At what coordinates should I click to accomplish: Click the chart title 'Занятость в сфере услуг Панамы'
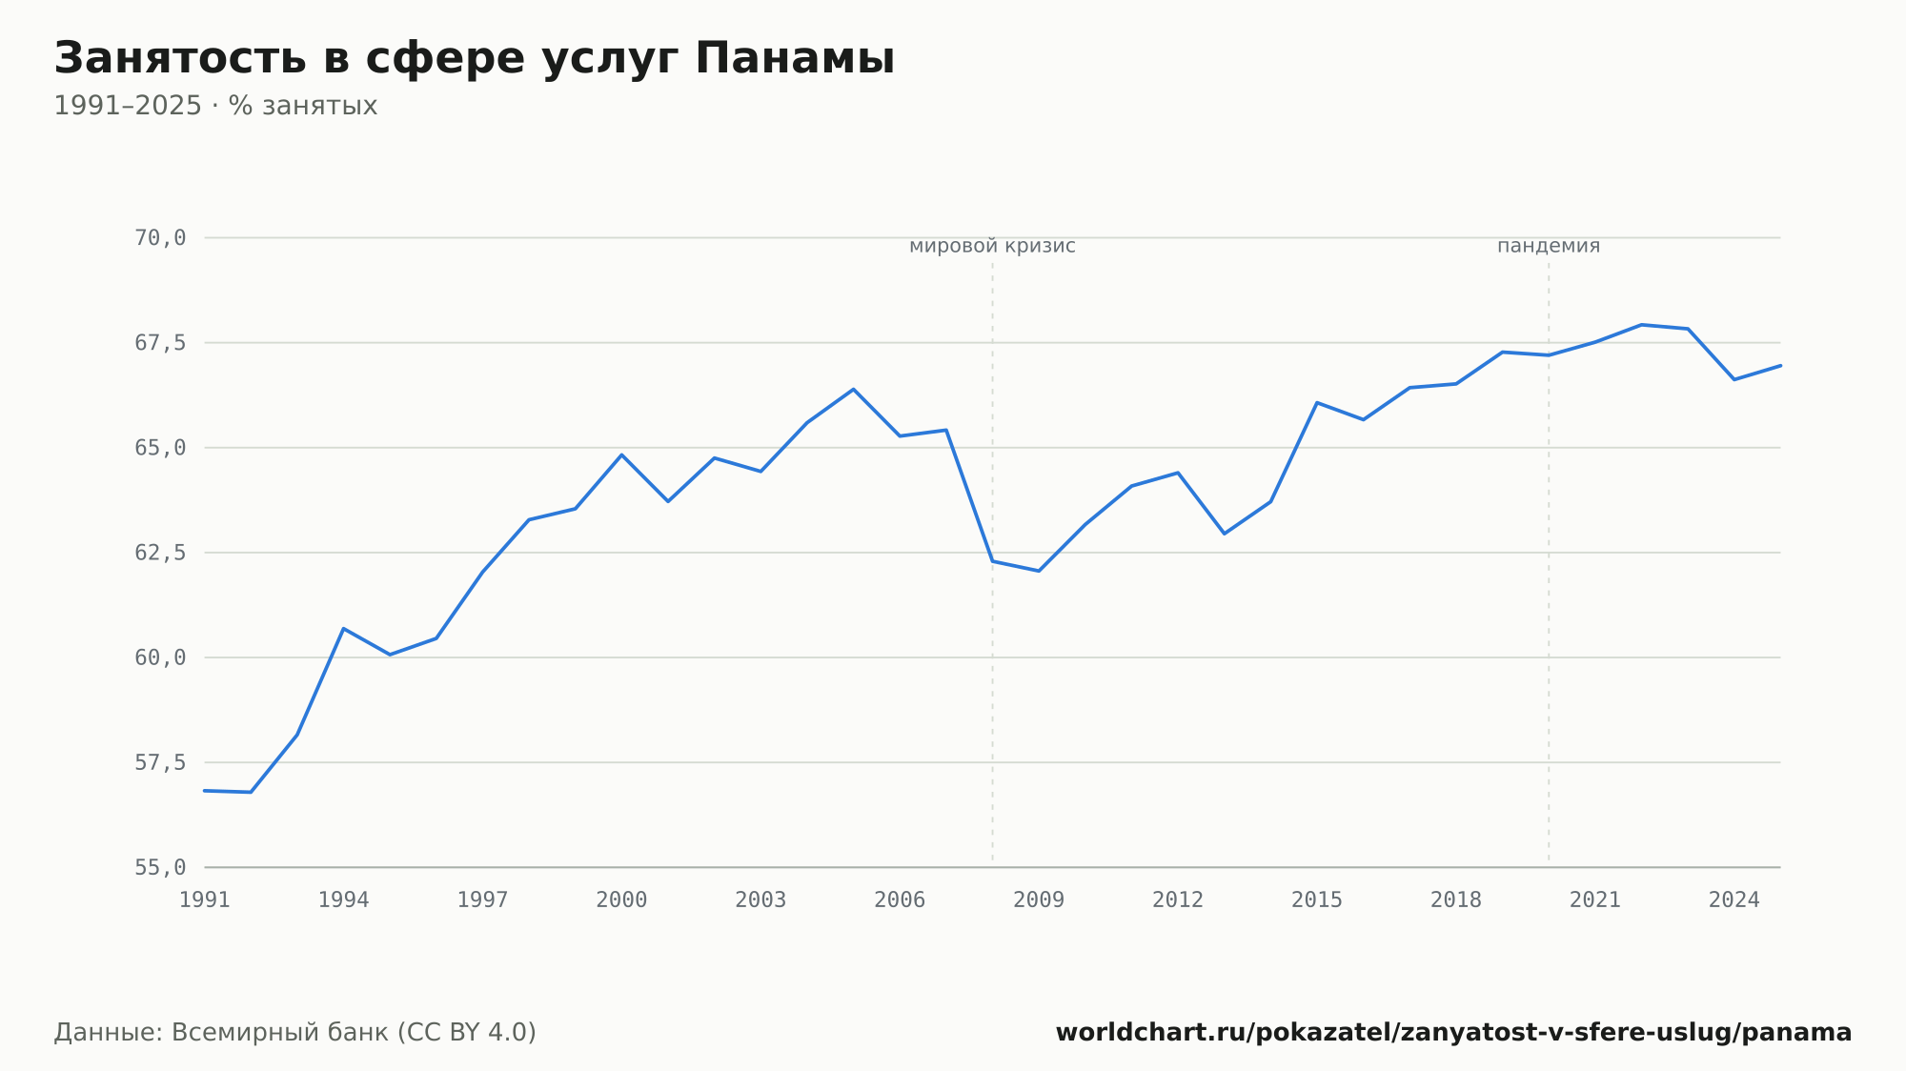click(475, 59)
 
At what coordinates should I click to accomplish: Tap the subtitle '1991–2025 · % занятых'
click(215, 106)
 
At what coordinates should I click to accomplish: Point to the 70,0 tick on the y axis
click(160, 238)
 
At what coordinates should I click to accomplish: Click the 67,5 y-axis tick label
click(160, 343)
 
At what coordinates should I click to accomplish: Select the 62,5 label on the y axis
click(160, 553)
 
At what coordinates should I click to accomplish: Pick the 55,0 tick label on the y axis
click(160, 867)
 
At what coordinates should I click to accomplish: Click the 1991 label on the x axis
click(205, 900)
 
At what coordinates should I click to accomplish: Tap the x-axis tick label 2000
click(621, 900)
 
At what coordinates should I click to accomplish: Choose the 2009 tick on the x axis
click(1039, 900)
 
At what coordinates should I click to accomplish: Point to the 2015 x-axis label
click(1317, 900)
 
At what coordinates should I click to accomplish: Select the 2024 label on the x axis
click(1734, 900)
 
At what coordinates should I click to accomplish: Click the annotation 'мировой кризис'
click(992, 247)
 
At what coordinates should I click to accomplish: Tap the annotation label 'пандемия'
click(1549, 246)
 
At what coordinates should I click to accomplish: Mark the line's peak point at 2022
click(1641, 325)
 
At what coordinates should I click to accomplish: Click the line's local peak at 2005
click(854, 389)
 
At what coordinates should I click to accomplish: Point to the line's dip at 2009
click(1039, 571)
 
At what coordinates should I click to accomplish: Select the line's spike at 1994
click(343, 629)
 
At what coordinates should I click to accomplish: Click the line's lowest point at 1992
click(251, 792)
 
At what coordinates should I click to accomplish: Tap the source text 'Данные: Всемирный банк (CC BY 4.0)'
click(295, 1033)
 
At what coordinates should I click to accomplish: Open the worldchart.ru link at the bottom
click(1454, 1033)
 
